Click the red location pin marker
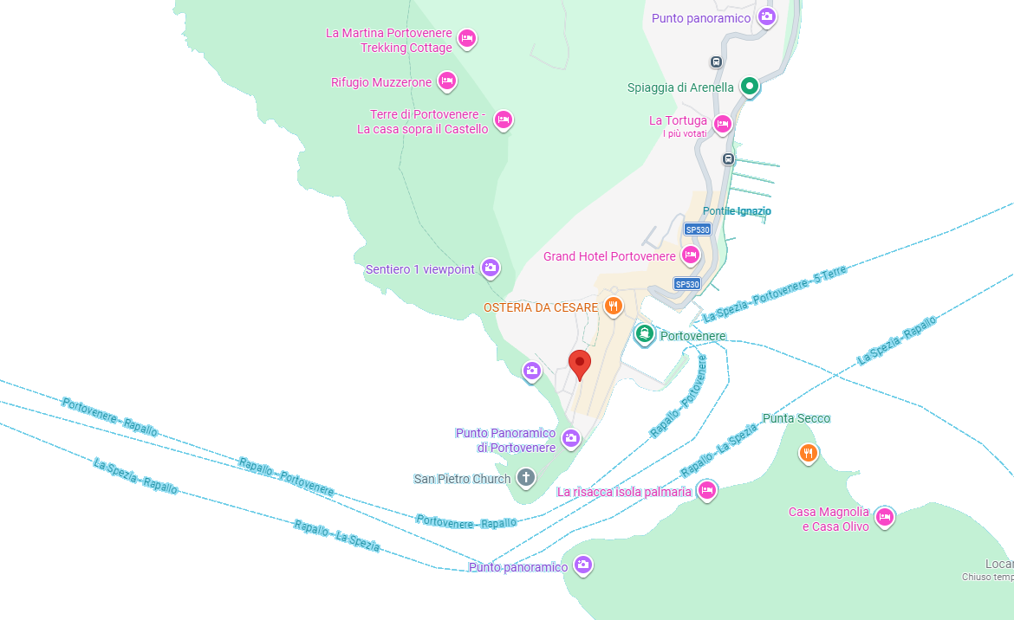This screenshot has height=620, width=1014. point(580,364)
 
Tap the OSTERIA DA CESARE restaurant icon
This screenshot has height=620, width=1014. point(614,306)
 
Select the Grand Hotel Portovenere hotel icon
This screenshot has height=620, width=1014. point(690,255)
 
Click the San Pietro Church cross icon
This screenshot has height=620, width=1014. point(525,477)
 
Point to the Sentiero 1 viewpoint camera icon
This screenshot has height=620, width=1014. point(491,268)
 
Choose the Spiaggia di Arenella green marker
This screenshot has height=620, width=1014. point(750,87)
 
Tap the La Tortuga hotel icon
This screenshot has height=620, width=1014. point(722,123)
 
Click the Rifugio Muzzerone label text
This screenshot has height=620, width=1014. point(380,83)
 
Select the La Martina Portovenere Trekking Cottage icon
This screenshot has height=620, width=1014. point(466,38)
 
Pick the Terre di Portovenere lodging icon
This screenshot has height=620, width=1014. point(503,119)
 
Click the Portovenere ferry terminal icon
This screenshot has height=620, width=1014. point(644,334)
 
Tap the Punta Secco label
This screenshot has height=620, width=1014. point(796,419)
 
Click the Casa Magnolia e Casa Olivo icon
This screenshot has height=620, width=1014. point(884,517)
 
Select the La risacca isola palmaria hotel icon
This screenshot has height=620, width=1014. point(706,490)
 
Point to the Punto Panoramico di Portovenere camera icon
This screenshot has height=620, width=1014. point(570,438)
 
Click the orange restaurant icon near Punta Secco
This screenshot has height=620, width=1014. point(808,453)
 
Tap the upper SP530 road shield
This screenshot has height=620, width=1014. point(697,229)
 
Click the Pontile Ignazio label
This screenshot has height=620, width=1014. point(737,211)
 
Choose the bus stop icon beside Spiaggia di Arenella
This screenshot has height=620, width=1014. point(716,62)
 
